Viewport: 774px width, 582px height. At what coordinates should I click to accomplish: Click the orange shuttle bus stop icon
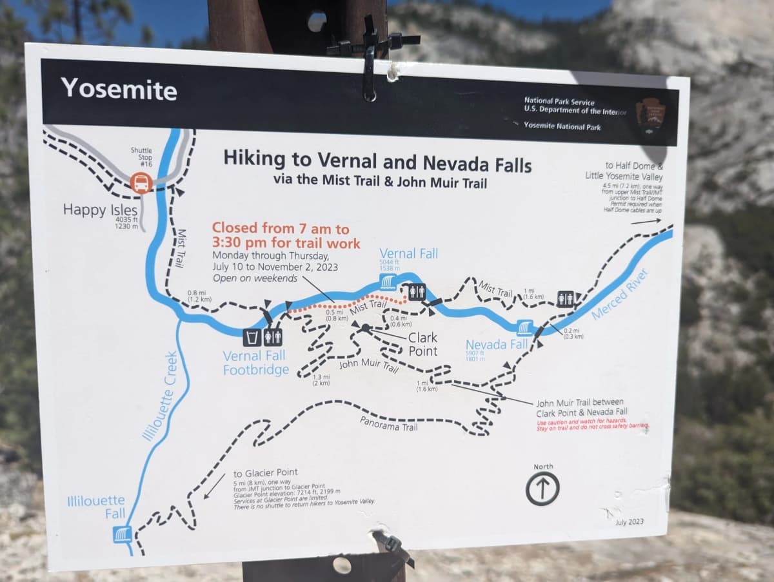click(x=141, y=184)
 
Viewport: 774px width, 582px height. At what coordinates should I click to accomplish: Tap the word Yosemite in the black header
click(x=119, y=88)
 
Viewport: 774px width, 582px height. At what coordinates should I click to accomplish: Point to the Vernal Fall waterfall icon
click(x=388, y=282)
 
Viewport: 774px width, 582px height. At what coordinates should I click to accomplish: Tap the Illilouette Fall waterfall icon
click(x=122, y=534)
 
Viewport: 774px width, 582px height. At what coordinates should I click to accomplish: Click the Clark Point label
click(x=422, y=344)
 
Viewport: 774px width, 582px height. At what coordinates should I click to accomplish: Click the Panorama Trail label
click(x=388, y=423)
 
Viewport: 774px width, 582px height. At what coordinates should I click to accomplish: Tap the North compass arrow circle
click(x=542, y=489)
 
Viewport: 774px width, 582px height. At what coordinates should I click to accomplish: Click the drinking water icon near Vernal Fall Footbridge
click(x=252, y=337)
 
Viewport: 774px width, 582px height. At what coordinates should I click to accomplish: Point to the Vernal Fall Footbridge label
click(x=255, y=363)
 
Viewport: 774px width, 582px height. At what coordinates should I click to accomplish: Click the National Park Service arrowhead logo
click(x=650, y=114)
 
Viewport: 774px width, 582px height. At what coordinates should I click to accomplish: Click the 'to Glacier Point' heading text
click(x=265, y=472)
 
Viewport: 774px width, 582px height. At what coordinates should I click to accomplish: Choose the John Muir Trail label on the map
click(x=368, y=365)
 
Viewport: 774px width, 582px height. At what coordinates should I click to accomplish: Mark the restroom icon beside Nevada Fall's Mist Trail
click(x=565, y=298)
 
